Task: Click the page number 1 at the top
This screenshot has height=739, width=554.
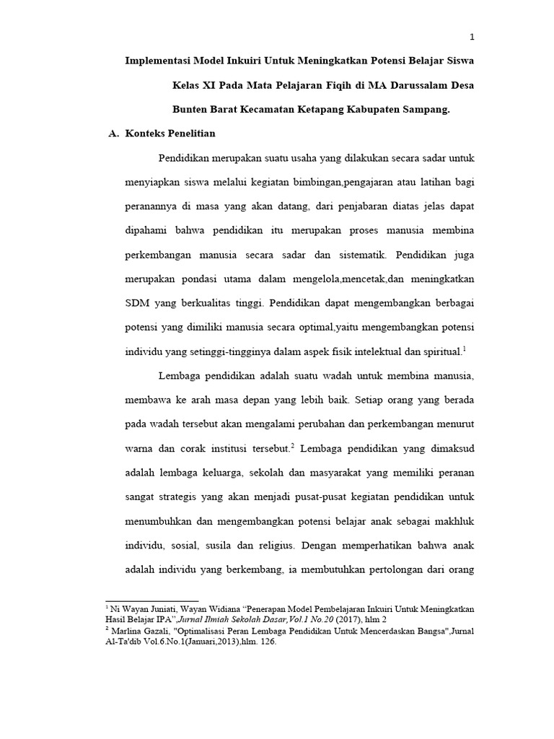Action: tap(471, 38)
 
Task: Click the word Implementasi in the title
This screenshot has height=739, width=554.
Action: tap(161, 59)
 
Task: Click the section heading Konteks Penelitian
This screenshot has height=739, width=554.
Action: tap(170, 134)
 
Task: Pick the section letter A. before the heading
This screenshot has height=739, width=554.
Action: tap(112, 134)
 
